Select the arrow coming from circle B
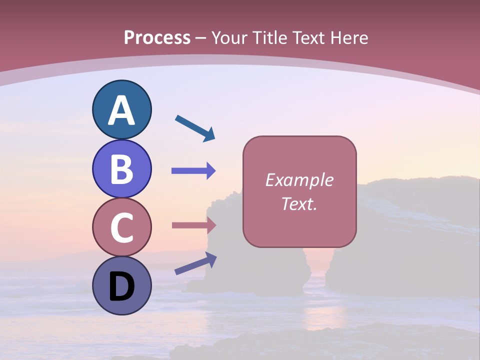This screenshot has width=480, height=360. pos(193,171)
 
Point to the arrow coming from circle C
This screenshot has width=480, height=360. pos(193,225)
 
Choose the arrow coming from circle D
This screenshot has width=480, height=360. pos(195,263)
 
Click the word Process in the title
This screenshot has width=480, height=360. pos(157,37)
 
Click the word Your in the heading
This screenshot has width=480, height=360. pos(230,37)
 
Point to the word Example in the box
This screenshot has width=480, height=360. pos(299,180)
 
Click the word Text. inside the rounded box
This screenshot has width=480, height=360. pos(299,204)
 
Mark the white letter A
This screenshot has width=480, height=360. pos(121,111)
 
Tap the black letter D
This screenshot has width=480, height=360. pos(121,287)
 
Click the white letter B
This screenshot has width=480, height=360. pos(121,169)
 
